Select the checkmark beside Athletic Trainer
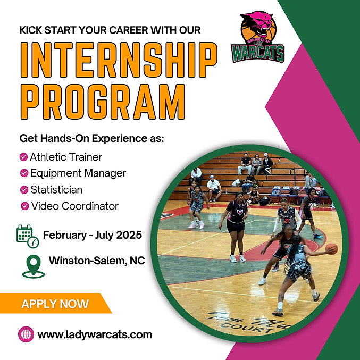click(x=23, y=157)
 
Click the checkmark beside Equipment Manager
click(x=24, y=173)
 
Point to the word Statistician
click(x=56, y=189)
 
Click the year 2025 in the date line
click(x=130, y=235)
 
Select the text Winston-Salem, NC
click(x=97, y=261)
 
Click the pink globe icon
click(x=26, y=334)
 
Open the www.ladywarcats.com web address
click(x=95, y=334)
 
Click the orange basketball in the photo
click(x=331, y=248)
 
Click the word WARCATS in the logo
click(x=258, y=53)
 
